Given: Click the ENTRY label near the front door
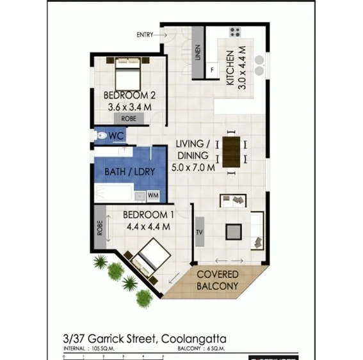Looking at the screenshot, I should pos(145,35).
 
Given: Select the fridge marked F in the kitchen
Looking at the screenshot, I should pos(212,69).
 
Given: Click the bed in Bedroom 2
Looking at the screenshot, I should pos(128,75).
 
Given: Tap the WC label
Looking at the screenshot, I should pos(116,136).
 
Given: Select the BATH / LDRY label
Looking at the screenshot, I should pos(124,171).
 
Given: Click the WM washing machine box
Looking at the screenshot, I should pos(154,194).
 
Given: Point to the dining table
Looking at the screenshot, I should pos(231,151).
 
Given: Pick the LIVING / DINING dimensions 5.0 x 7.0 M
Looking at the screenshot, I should pos(193,167).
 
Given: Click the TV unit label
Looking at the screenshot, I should pos(198,231).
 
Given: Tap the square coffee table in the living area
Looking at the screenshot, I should pos(234,231).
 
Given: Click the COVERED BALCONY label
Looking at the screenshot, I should pos(218,280).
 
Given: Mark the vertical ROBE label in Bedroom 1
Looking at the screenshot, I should pos(100,228).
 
